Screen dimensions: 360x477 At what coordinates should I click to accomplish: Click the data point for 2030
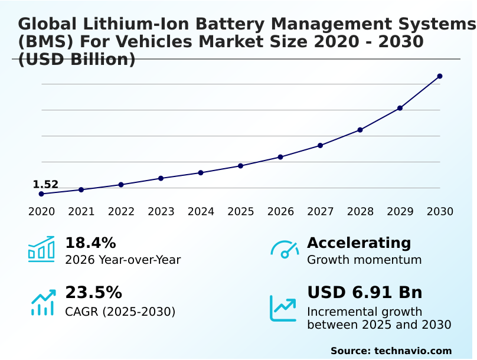[440, 76]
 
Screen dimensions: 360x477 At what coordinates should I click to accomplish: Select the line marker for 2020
[41, 194]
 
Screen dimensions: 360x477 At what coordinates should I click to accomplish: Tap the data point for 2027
[320, 145]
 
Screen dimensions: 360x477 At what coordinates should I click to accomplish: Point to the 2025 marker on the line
[241, 166]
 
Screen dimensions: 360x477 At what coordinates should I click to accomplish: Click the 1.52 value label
[45, 185]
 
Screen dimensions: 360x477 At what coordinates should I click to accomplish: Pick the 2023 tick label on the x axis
[161, 212]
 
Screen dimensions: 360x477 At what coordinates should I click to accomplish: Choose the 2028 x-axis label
[360, 212]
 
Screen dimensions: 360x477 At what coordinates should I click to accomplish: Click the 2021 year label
[81, 212]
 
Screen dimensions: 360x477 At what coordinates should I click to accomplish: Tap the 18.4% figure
[90, 243]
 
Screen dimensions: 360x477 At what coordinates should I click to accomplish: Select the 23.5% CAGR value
[93, 293]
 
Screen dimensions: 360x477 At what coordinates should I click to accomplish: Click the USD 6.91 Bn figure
[365, 293]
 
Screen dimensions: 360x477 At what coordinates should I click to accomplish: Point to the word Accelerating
[359, 243]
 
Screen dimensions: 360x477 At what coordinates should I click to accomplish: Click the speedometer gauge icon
[285, 249]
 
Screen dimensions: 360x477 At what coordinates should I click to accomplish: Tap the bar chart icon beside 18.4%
[41, 249]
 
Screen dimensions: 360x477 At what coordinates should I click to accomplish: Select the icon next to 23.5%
[43, 302]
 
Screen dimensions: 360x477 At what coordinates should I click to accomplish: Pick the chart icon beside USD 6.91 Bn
[283, 308]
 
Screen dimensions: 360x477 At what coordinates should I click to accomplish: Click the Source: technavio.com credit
[391, 351]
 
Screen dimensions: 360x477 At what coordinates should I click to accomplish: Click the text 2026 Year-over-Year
[123, 260]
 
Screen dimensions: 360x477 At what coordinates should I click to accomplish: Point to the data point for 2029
[400, 108]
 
